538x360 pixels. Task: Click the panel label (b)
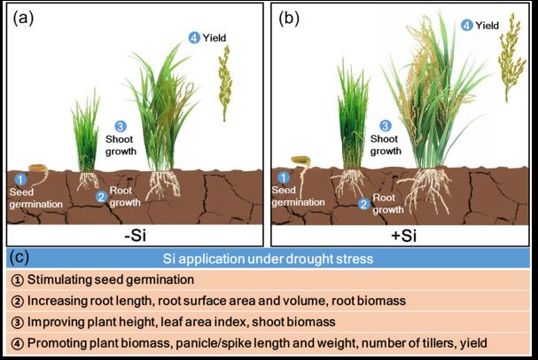(x=289, y=15)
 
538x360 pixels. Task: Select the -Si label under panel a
(x=135, y=235)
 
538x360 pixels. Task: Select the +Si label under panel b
(x=403, y=235)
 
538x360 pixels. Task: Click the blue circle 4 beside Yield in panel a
(x=194, y=37)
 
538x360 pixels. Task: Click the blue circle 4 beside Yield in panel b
(x=467, y=27)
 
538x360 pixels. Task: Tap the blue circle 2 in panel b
(x=363, y=204)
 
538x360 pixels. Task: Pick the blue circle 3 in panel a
(x=121, y=127)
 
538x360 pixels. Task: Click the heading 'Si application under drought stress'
(x=269, y=259)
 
